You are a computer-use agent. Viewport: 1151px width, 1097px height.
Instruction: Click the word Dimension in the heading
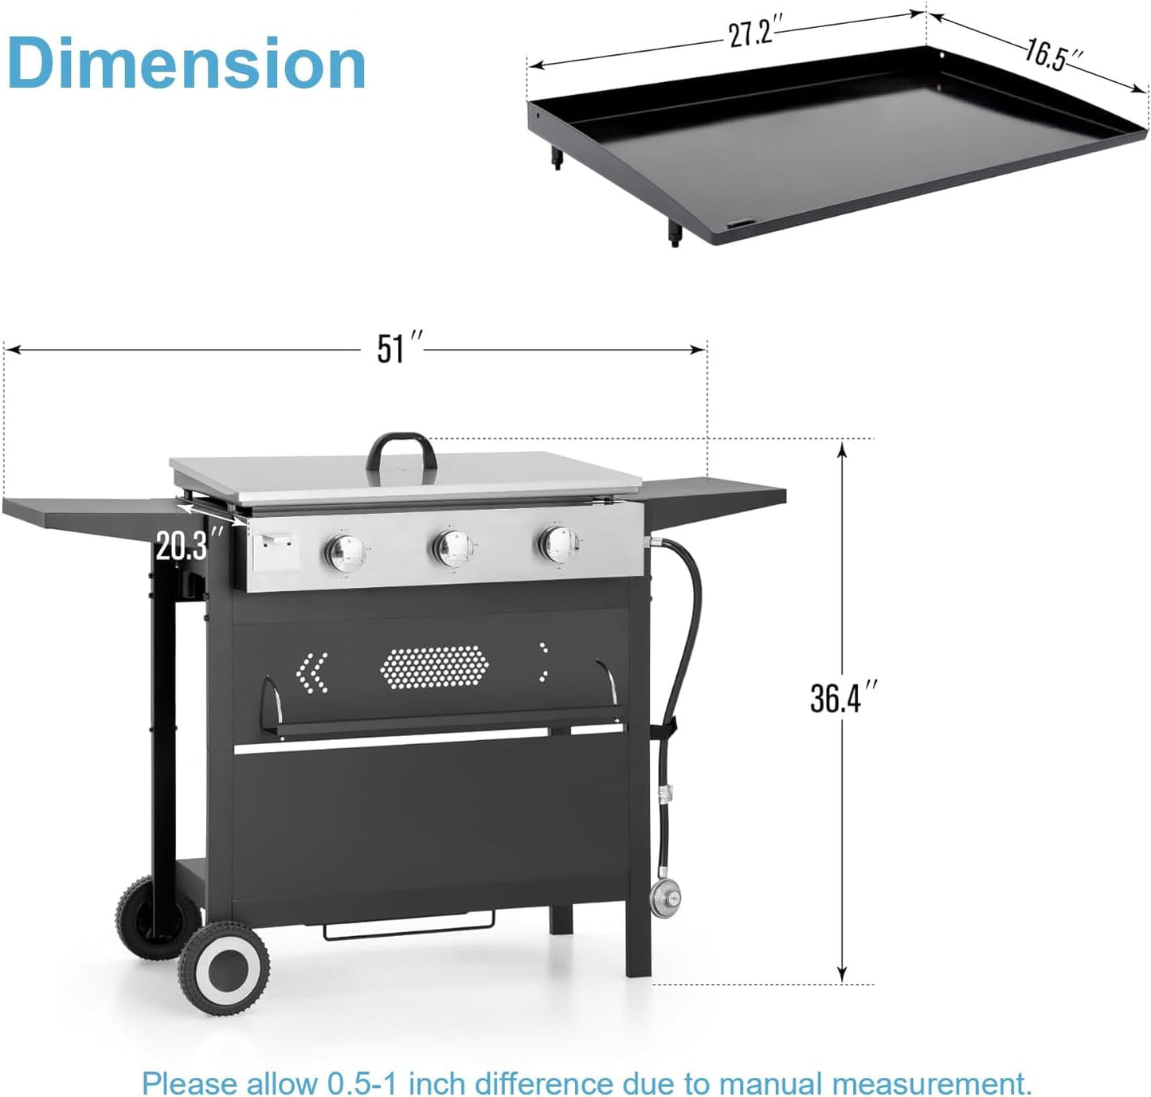tap(186, 63)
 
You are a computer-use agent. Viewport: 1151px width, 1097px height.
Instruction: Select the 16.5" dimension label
tap(1053, 55)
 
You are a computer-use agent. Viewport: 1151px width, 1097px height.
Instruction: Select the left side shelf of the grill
tap(88, 514)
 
